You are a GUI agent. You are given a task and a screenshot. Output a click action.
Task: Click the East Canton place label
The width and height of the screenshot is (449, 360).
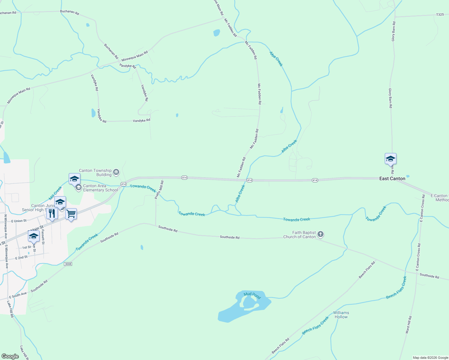(x=392, y=178)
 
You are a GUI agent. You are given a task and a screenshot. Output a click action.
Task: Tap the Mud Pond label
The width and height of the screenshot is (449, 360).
(x=252, y=295)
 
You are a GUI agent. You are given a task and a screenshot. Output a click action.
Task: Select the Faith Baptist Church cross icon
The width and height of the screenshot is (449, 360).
(x=321, y=234)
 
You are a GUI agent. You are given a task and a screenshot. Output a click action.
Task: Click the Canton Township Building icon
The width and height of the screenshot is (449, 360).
(x=116, y=172)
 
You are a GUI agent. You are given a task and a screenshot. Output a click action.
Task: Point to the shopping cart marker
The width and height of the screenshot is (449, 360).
(x=71, y=214)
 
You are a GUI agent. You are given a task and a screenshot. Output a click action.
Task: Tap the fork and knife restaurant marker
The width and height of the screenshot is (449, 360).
(x=52, y=214)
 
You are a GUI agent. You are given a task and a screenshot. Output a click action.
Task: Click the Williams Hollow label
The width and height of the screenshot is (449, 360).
(x=341, y=315)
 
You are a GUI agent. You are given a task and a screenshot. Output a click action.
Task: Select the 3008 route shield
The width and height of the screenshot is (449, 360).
(x=68, y=264)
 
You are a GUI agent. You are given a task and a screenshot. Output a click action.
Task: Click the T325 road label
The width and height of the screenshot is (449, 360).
(x=440, y=14)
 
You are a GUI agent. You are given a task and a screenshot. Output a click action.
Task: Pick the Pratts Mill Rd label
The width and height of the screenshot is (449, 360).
(x=159, y=190)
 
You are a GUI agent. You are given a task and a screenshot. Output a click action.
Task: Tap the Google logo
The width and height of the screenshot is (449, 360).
(x=10, y=356)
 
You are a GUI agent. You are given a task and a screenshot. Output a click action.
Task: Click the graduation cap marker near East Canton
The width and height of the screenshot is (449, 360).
(x=390, y=159)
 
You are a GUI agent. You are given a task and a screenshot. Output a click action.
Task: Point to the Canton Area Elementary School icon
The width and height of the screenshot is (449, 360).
(x=79, y=188)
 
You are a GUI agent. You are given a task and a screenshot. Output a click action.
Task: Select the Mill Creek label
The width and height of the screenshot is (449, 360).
(x=56, y=193)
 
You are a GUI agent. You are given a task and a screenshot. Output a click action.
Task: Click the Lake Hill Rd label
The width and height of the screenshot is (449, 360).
(x=10, y=309)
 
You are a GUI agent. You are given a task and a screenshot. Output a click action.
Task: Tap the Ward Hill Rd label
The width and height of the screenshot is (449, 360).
(x=409, y=325)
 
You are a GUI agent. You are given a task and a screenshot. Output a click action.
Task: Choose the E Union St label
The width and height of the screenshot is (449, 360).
(x=19, y=221)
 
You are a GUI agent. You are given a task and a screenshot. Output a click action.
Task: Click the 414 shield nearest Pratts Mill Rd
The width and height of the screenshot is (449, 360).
(x=184, y=178)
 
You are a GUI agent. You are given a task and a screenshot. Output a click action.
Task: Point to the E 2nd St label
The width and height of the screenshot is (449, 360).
(x=22, y=257)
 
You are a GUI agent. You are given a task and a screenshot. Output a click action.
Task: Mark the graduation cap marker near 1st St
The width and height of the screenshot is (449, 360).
(x=34, y=236)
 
